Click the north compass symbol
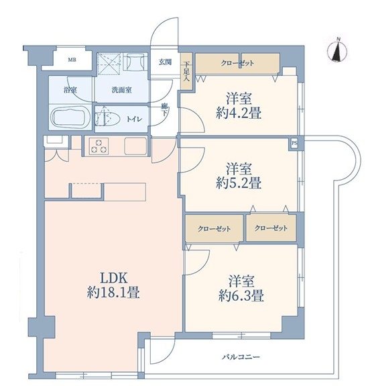(x=337, y=51)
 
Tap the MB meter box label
(x=72, y=60)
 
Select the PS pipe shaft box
(x=294, y=144)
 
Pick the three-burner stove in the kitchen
(x=99, y=146)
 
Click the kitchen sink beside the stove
(x=135, y=146)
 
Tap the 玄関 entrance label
(x=165, y=62)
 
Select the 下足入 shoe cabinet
(x=186, y=71)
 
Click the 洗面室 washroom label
(x=122, y=90)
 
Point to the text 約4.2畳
(x=239, y=113)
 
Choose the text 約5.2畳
(x=239, y=183)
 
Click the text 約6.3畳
(x=241, y=296)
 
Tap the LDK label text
(x=113, y=279)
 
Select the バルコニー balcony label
(x=241, y=356)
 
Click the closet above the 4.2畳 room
(x=238, y=63)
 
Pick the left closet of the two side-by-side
(x=215, y=228)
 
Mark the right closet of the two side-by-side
(x=271, y=228)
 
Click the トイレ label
(x=134, y=119)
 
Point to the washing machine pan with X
(x=108, y=64)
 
